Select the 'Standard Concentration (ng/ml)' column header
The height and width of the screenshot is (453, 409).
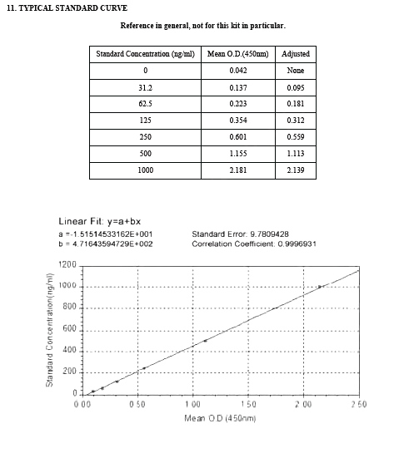pyautogui.click(x=145, y=55)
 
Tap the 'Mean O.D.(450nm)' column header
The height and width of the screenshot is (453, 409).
pyautogui.click(x=237, y=55)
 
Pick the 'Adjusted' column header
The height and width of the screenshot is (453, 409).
pyautogui.click(x=295, y=55)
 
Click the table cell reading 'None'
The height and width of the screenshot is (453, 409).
pyautogui.click(x=295, y=71)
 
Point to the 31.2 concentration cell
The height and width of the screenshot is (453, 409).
pyautogui.click(x=145, y=87)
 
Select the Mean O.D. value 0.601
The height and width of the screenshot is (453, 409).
pyautogui.click(x=237, y=137)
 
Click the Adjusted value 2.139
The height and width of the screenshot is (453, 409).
pyautogui.click(x=295, y=170)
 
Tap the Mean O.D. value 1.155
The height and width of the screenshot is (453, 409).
pyautogui.click(x=237, y=154)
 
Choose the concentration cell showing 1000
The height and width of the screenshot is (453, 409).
pyautogui.click(x=145, y=170)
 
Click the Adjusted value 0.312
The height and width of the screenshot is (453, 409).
pyautogui.click(x=295, y=121)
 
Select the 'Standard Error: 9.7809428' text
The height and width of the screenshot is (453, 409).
pyautogui.click(x=241, y=234)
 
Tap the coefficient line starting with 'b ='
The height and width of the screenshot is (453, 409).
pyautogui.click(x=105, y=244)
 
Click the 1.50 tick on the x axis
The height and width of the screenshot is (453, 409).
pyautogui.click(x=247, y=404)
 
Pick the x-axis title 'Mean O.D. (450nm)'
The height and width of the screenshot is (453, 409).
pyautogui.click(x=220, y=417)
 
